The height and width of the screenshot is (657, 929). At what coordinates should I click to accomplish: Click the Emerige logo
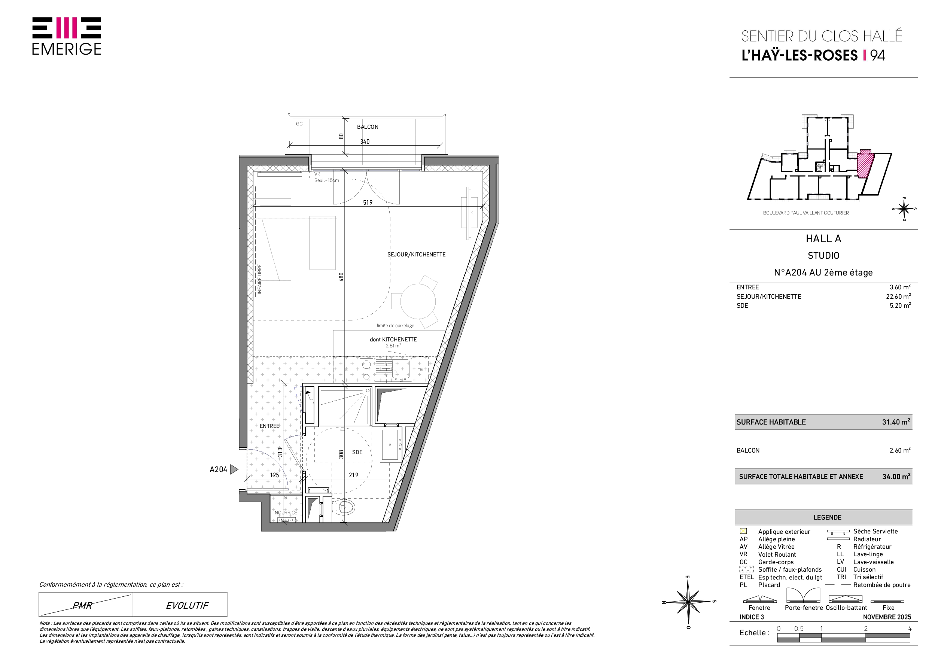click(67, 36)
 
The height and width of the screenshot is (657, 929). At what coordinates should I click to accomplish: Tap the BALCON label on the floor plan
click(368, 127)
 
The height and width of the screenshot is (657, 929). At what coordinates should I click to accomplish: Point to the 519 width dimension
click(368, 203)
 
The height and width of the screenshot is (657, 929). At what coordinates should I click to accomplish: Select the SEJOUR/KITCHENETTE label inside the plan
click(416, 255)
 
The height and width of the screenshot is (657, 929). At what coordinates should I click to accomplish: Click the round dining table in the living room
click(418, 302)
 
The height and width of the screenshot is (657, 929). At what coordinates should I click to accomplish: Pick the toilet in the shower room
click(345, 507)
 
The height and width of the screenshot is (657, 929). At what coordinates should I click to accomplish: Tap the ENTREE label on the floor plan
click(269, 426)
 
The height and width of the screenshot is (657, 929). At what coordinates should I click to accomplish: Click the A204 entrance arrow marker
click(234, 469)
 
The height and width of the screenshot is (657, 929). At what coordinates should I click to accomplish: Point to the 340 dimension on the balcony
click(365, 142)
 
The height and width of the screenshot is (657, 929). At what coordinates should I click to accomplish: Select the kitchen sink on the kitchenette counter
click(393, 369)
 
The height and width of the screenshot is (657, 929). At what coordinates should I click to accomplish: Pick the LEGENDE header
click(828, 517)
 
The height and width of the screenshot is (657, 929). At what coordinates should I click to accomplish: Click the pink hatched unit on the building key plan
click(865, 165)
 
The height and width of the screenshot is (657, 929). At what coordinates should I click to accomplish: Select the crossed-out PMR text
click(83, 606)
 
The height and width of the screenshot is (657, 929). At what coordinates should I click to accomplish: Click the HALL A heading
click(823, 239)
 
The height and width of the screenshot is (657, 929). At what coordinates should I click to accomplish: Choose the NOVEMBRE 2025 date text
click(887, 617)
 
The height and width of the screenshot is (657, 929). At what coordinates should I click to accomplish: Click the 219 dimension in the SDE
click(354, 475)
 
